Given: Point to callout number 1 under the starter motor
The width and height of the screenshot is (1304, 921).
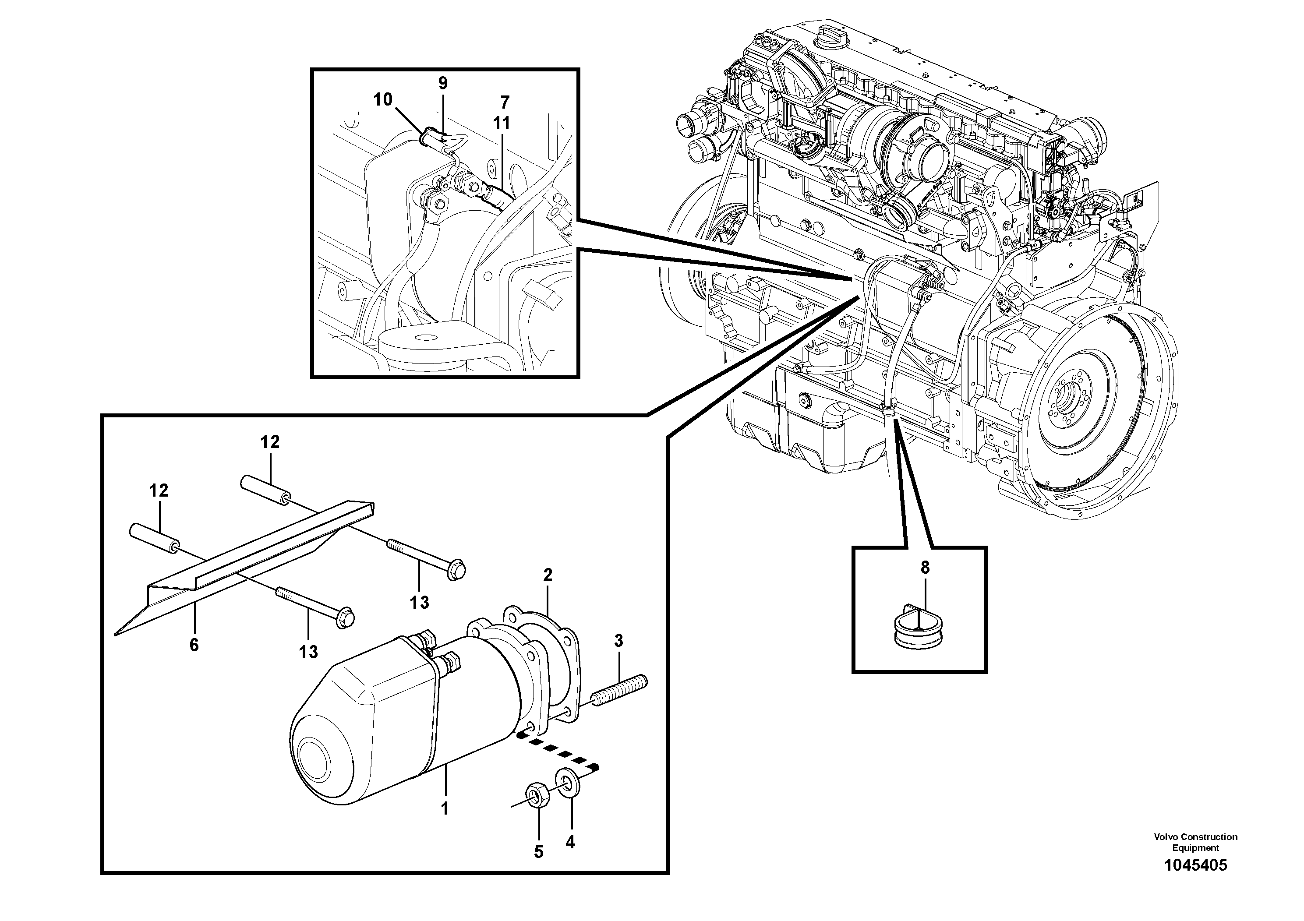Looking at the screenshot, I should click(x=445, y=808).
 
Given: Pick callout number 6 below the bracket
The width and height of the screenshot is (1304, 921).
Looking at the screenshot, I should click(x=194, y=645).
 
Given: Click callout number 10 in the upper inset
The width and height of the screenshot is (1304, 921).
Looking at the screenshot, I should click(x=382, y=100).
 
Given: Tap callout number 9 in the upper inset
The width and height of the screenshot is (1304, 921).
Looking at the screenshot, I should click(x=442, y=84).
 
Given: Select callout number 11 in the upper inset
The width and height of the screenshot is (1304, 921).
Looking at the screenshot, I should click(x=502, y=123).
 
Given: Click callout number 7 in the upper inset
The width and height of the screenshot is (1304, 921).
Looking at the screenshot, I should click(x=504, y=103).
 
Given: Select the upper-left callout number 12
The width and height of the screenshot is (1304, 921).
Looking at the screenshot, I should click(x=159, y=490).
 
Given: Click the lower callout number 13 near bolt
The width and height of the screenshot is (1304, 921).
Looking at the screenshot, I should click(x=308, y=652).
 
